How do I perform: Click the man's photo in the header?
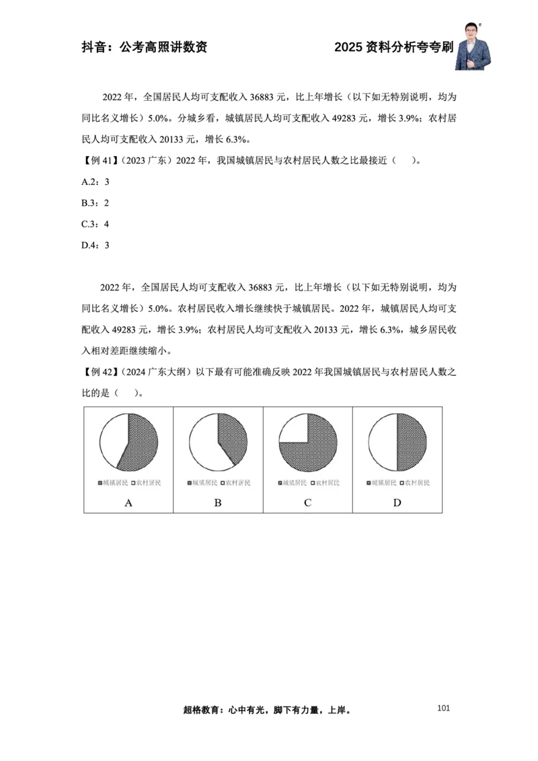pyautogui.click(x=473, y=46)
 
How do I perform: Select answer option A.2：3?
pyautogui.click(x=95, y=182)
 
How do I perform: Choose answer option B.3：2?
pyautogui.click(x=95, y=202)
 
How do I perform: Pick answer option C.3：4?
pyautogui.click(x=95, y=224)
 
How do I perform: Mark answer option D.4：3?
pyautogui.click(x=95, y=245)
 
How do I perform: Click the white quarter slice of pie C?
pyautogui.click(x=293, y=429)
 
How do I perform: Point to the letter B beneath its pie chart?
pyautogui.click(x=218, y=502)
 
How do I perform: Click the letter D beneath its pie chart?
pyautogui.click(x=397, y=502)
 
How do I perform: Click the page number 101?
pyautogui.click(x=443, y=707)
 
